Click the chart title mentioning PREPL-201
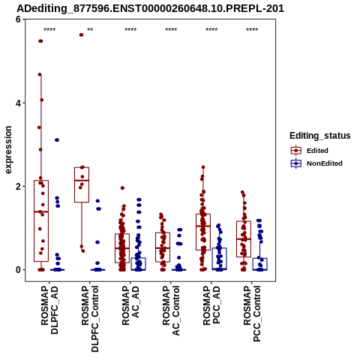click(150, 9)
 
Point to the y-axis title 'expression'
click(8, 150)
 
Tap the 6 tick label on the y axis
click(18, 19)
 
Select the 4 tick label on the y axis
click(18, 103)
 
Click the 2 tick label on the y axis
click(18, 187)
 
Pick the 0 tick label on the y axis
click(18, 270)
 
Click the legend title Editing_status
click(320, 136)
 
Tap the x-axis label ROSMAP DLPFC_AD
click(49, 310)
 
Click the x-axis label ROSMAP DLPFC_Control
click(90, 319)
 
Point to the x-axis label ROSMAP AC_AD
click(130, 305)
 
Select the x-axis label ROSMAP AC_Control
click(171, 310)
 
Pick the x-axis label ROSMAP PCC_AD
click(211, 305)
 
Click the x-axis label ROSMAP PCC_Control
click(252, 313)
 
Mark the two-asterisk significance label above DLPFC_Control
click(90, 30)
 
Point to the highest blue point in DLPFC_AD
click(57, 140)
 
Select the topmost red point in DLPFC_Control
click(81, 34)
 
